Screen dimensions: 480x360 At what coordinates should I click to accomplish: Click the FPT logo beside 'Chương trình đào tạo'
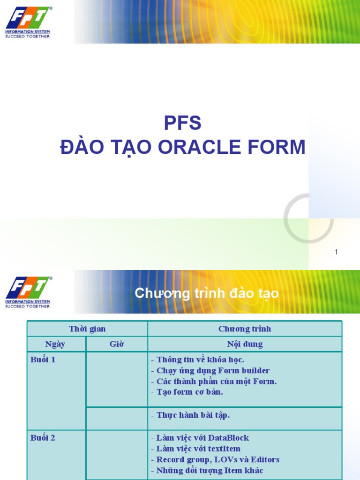28,292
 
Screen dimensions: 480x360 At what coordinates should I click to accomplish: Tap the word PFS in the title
182,123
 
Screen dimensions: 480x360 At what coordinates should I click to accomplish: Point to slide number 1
336,252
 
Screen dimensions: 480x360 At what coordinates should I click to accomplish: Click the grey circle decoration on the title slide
308,218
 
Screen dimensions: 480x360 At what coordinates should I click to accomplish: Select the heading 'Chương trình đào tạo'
207,293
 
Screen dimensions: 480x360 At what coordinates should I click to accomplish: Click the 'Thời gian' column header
87,329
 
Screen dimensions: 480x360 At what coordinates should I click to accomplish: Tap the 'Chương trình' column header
245,329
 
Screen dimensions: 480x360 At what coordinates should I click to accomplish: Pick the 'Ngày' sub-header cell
55,344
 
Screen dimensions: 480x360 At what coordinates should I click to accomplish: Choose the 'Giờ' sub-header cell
117,344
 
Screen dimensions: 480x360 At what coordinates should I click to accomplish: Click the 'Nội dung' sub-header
245,344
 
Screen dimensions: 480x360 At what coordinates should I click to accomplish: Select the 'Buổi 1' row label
43,360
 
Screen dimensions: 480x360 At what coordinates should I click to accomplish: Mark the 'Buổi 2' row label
43,438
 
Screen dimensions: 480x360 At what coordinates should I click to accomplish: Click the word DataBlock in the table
228,438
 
